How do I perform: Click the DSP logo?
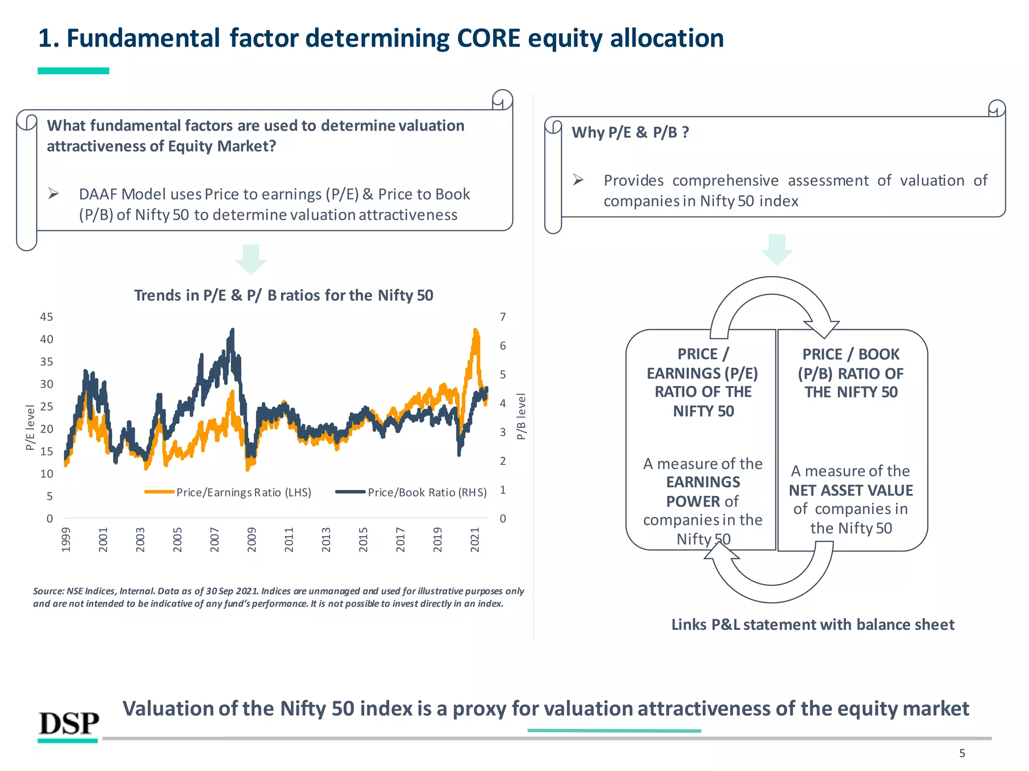[x=69, y=724]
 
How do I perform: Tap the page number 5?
[x=962, y=753]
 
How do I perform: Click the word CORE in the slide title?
[x=488, y=38]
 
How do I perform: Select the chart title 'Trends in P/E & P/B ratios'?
[x=283, y=295]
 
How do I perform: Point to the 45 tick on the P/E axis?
[x=47, y=317]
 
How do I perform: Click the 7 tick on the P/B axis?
[x=502, y=317]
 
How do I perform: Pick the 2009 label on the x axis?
[x=252, y=540]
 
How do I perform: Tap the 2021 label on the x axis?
[x=475, y=540]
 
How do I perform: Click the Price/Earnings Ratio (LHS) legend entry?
[x=229, y=492]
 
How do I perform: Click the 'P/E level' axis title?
[x=30, y=427]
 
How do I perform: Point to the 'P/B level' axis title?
[x=521, y=417]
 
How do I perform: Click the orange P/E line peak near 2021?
[x=475, y=330]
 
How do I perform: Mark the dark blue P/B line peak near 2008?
[x=232, y=330]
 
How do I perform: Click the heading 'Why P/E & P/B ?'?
[x=630, y=133]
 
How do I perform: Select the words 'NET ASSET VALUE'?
[x=851, y=490]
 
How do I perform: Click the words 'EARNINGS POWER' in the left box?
[x=703, y=491]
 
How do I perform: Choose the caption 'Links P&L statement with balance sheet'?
[x=812, y=624]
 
